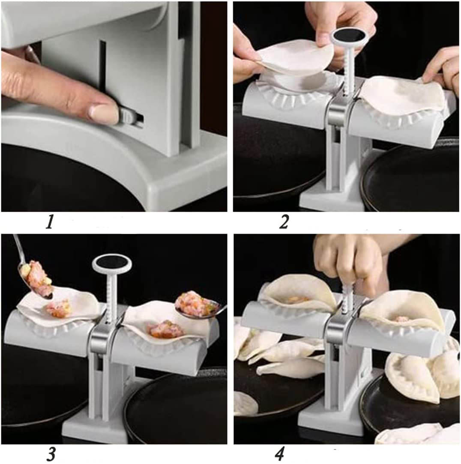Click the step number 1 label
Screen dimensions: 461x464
(50, 222)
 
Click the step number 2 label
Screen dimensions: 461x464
(284, 222)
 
